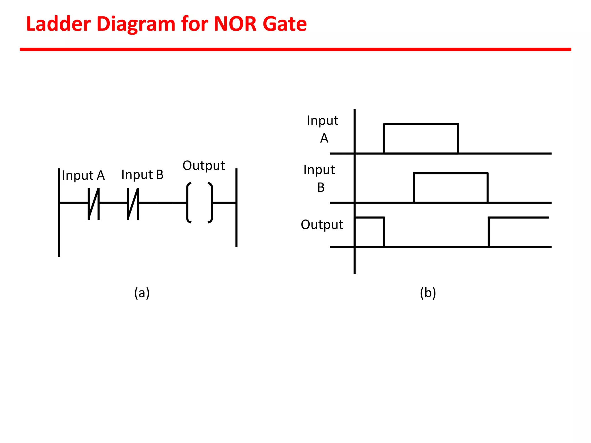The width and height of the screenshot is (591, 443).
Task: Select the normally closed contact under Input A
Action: tap(94, 204)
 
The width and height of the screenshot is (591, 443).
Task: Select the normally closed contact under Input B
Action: tap(133, 204)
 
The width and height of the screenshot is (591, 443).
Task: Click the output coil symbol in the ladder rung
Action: tap(200, 203)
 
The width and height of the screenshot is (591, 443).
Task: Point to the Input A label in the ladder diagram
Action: tap(83, 175)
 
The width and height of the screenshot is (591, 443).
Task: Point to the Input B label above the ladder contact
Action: tap(143, 175)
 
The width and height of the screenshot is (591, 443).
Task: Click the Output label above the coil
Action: tap(204, 166)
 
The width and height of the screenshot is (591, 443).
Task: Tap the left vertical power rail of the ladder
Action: tap(59, 231)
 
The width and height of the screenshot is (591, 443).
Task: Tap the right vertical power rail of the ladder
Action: tap(236, 225)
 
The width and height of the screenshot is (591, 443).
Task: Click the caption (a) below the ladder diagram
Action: tap(142, 293)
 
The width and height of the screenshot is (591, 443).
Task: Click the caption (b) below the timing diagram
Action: tap(428, 293)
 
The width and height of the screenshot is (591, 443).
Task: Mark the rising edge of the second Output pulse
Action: tap(489, 232)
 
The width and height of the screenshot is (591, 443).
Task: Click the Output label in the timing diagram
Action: tap(322, 225)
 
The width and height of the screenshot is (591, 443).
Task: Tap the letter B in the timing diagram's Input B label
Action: tap(321, 187)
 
